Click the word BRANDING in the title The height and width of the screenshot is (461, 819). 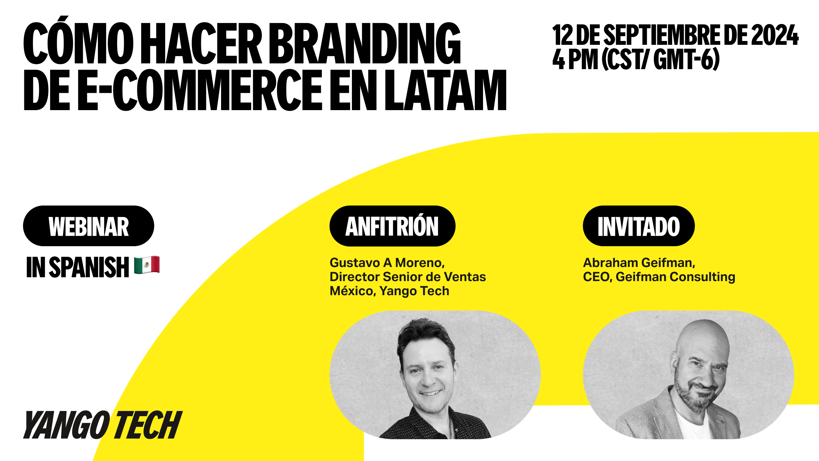coord(365,44)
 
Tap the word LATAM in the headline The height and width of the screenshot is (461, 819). coord(446,90)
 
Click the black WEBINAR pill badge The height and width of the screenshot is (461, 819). coord(89,226)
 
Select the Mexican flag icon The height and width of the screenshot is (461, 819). coord(147,265)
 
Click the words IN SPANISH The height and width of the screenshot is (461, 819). coord(78,267)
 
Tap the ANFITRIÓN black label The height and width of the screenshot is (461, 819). coord(392,226)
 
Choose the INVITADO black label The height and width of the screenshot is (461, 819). coord(639,226)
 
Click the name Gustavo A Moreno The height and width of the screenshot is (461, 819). coord(387,263)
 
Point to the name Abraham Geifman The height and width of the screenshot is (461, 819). coord(639,263)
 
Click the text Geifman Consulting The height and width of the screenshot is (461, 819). coord(675,277)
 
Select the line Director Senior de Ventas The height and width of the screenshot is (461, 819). coord(408,277)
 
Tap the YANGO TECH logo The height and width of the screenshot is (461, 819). coord(103,425)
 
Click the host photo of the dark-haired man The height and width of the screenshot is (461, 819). coord(435,375)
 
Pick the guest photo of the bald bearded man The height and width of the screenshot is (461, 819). coord(688,375)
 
